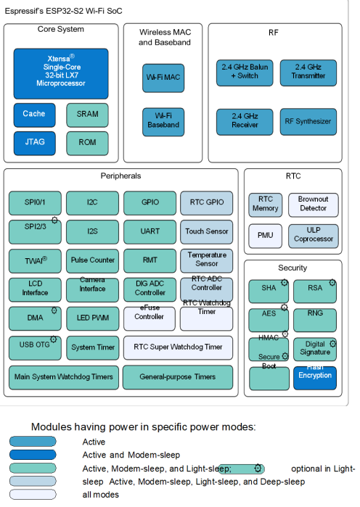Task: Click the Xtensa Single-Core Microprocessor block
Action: tap(61, 73)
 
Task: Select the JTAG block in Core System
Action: tap(34, 142)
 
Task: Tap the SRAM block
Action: tap(87, 114)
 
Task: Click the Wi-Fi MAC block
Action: tap(163, 77)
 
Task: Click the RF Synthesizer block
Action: tap(308, 121)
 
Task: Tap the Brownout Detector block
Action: tap(313, 204)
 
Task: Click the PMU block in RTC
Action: tap(265, 235)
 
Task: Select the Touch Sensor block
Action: tap(207, 231)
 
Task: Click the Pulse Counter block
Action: tap(93, 260)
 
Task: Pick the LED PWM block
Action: tap(93, 318)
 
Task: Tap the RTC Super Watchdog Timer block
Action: tap(178, 347)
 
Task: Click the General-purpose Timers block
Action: tap(178, 376)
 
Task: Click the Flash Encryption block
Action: tap(314, 376)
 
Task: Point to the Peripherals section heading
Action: tap(120, 176)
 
